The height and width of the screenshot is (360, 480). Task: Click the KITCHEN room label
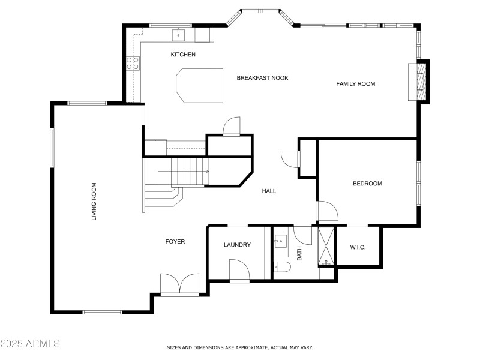[x=183, y=55]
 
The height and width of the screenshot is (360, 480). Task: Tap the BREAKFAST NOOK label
[x=262, y=78]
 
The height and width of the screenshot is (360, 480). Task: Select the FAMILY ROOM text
[x=355, y=83]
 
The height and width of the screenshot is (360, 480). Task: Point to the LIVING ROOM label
[x=94, y=202]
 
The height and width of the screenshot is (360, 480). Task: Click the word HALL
[x=269, y=191]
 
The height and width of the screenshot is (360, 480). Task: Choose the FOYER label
[x=175, y=242]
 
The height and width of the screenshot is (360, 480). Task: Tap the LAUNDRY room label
[x=237, y=245]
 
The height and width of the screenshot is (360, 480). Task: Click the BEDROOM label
[x=367, y=184]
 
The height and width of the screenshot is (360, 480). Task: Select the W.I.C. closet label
[x=358, y=247]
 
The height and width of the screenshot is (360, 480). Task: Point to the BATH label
[x=299, y=253]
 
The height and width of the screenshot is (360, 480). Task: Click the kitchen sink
[x=178, y=35]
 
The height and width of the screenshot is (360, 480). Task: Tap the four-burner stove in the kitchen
[x=133, y=64]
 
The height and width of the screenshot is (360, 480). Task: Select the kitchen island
[x=199, y=86]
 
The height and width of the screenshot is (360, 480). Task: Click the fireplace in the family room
[x=419, y=82]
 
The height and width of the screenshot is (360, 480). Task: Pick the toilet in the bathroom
[x=282, y=267]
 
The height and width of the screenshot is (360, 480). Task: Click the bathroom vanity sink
[x=280, y=241]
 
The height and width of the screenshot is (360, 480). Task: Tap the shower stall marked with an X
[x=327, y=246]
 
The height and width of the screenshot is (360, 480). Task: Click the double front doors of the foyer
[x=179, y=284]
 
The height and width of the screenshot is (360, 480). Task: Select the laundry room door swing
[x=239, y=269]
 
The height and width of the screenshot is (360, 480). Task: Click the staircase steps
[x=190, y=172]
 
